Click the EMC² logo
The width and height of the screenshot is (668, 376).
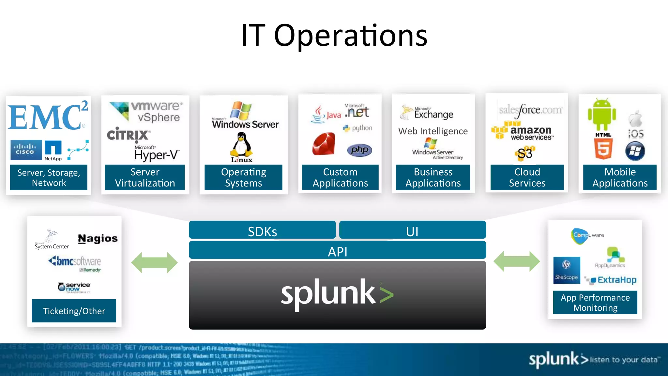tap(47, 117)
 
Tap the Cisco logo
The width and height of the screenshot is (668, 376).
tap(26, 150)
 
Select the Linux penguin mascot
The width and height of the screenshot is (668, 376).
tap(241, 145)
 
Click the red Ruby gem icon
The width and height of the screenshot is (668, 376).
tap(324, 144)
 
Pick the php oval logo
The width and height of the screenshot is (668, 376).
tap(359, 150)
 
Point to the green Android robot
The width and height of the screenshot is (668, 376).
tap(602, 115)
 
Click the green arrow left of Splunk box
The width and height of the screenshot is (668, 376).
tap(154, 262)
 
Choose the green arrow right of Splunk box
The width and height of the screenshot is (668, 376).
tap(517, 261)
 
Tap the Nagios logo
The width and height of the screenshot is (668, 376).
tap(98, 239)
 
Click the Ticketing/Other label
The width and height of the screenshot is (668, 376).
tap(74, 311)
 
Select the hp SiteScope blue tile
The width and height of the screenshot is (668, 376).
tap(567, 270)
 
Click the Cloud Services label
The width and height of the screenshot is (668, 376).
tap(527, 177)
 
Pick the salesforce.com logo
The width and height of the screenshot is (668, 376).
tap(530, 110)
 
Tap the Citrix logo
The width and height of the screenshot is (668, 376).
tap(129, 134)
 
